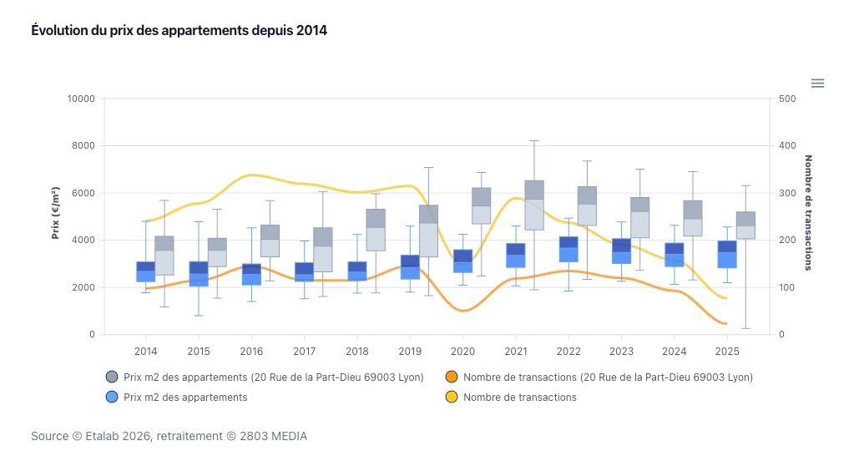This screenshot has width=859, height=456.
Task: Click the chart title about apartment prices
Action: point(179,30)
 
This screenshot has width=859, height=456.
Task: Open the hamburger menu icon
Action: point(818,83)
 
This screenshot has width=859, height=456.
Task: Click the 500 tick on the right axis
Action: point(787,99)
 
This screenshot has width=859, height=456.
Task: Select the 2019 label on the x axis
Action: point(410,351)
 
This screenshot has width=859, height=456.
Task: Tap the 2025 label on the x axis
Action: point(727,351)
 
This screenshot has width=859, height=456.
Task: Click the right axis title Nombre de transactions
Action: point(807,213)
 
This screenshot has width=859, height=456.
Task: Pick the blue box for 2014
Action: point(146,271)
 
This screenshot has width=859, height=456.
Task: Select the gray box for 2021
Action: point(534,205)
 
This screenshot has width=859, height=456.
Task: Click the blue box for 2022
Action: point(569,250)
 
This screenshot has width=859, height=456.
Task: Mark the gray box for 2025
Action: point(745,225)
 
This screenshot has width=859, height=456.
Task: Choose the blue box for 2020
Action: point(463,261)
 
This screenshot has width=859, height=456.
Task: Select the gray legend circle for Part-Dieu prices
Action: point(112,377)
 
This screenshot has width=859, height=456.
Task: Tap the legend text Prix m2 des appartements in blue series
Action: point(185,398)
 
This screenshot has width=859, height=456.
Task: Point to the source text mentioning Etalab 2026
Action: point(169,436)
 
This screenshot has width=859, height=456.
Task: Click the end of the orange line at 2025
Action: point(725,323)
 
